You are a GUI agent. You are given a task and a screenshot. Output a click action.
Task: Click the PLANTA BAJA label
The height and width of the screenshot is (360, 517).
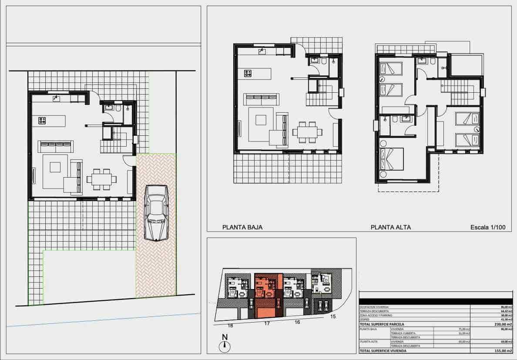pyautogui.click(x=242, y=227)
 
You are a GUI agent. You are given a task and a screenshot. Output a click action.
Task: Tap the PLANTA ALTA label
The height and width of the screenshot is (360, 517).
pyautogui.click(x=390, y=227)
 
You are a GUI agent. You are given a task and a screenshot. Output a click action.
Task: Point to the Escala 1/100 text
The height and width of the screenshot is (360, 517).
pyautogui.click(x=488, y=227)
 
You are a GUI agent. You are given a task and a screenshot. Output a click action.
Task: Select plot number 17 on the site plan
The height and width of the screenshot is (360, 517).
pyautogui.click(x=267, y=324)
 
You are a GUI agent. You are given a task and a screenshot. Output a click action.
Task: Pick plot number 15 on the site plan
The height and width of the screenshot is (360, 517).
pyautogui.click(x=333, y=316)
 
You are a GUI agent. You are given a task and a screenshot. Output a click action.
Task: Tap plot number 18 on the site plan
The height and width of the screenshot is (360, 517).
pyautogui.click(x=230, y=326)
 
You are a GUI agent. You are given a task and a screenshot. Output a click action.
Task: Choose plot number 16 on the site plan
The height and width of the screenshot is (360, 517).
pyautogui.click(x=297, y=322)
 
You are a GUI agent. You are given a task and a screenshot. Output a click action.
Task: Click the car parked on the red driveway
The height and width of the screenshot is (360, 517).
pyautogui.click(x=157, y=212)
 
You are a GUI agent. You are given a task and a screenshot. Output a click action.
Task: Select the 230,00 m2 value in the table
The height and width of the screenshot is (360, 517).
pyautogui.click(x=500, y=324)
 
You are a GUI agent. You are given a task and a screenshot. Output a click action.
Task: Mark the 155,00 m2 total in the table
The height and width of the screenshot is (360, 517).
pyautogui.click(x=500, y=350)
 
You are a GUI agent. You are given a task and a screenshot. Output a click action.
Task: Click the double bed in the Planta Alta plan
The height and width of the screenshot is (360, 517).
pyautogui.click(x=392, y=160)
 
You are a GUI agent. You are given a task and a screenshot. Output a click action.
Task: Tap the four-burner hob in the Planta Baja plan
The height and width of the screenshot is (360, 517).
pyautogui.click(x=248, y=74)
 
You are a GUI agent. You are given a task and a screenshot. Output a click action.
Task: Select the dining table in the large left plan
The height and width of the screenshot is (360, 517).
pyautogui.click(x=102, y=179)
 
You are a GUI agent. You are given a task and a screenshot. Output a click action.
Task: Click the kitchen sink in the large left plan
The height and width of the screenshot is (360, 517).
pyautogui.click(x=57, y=98)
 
